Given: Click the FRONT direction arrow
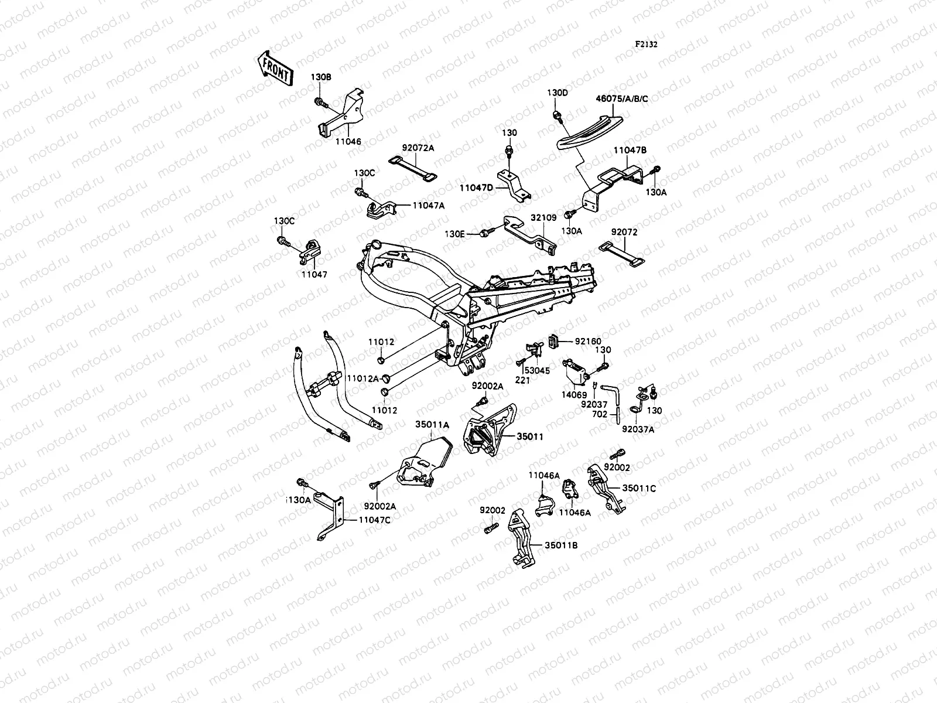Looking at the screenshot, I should click(274, 67).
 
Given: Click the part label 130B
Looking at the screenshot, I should click(320, 93).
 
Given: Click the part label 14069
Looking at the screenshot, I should click(574, 395).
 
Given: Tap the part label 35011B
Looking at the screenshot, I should click(561, 545).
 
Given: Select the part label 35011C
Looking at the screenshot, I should click(638, 487).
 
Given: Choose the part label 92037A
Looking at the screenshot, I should click(638, 429).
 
